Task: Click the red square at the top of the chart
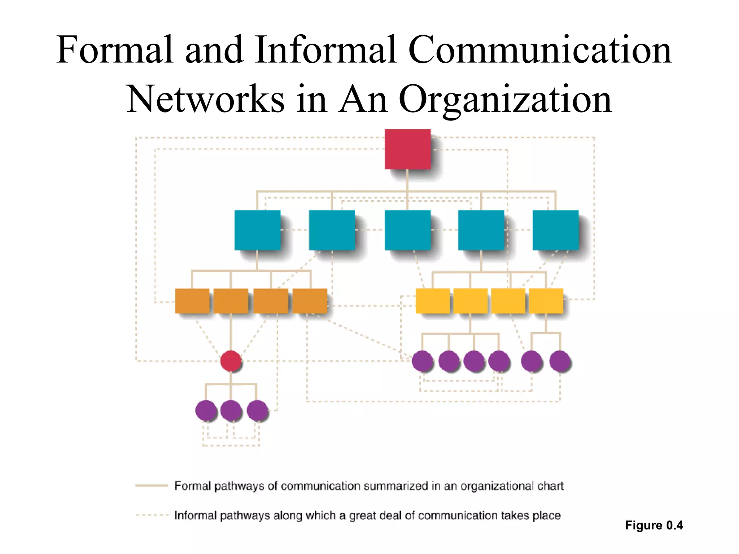(407, 149)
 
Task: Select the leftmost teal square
(257, 230)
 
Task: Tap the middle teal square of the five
(407, 230)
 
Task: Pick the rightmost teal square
(555, 230)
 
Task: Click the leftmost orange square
(192, 301)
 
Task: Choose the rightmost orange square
(310, 301)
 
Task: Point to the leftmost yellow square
(433, 301)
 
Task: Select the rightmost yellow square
(546, 301)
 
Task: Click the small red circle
(231, 361)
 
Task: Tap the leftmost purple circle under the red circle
(206, 410)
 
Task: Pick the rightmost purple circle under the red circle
(257, 410)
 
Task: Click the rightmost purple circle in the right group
(560, 361)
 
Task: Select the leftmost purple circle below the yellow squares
(422, 361)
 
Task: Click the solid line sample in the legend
(152, 486)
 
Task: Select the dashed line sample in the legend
(152, 515)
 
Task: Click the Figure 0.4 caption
(654, 525)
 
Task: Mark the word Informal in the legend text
(195, 515)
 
